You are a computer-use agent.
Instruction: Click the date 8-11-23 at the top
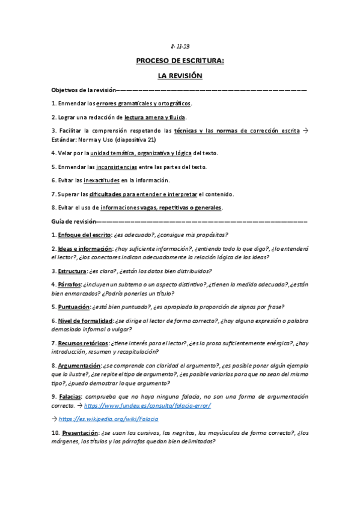coord(180,46)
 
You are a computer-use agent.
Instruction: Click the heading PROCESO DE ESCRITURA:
coord(180,61)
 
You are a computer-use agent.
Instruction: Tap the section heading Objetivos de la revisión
coord(82,90)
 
